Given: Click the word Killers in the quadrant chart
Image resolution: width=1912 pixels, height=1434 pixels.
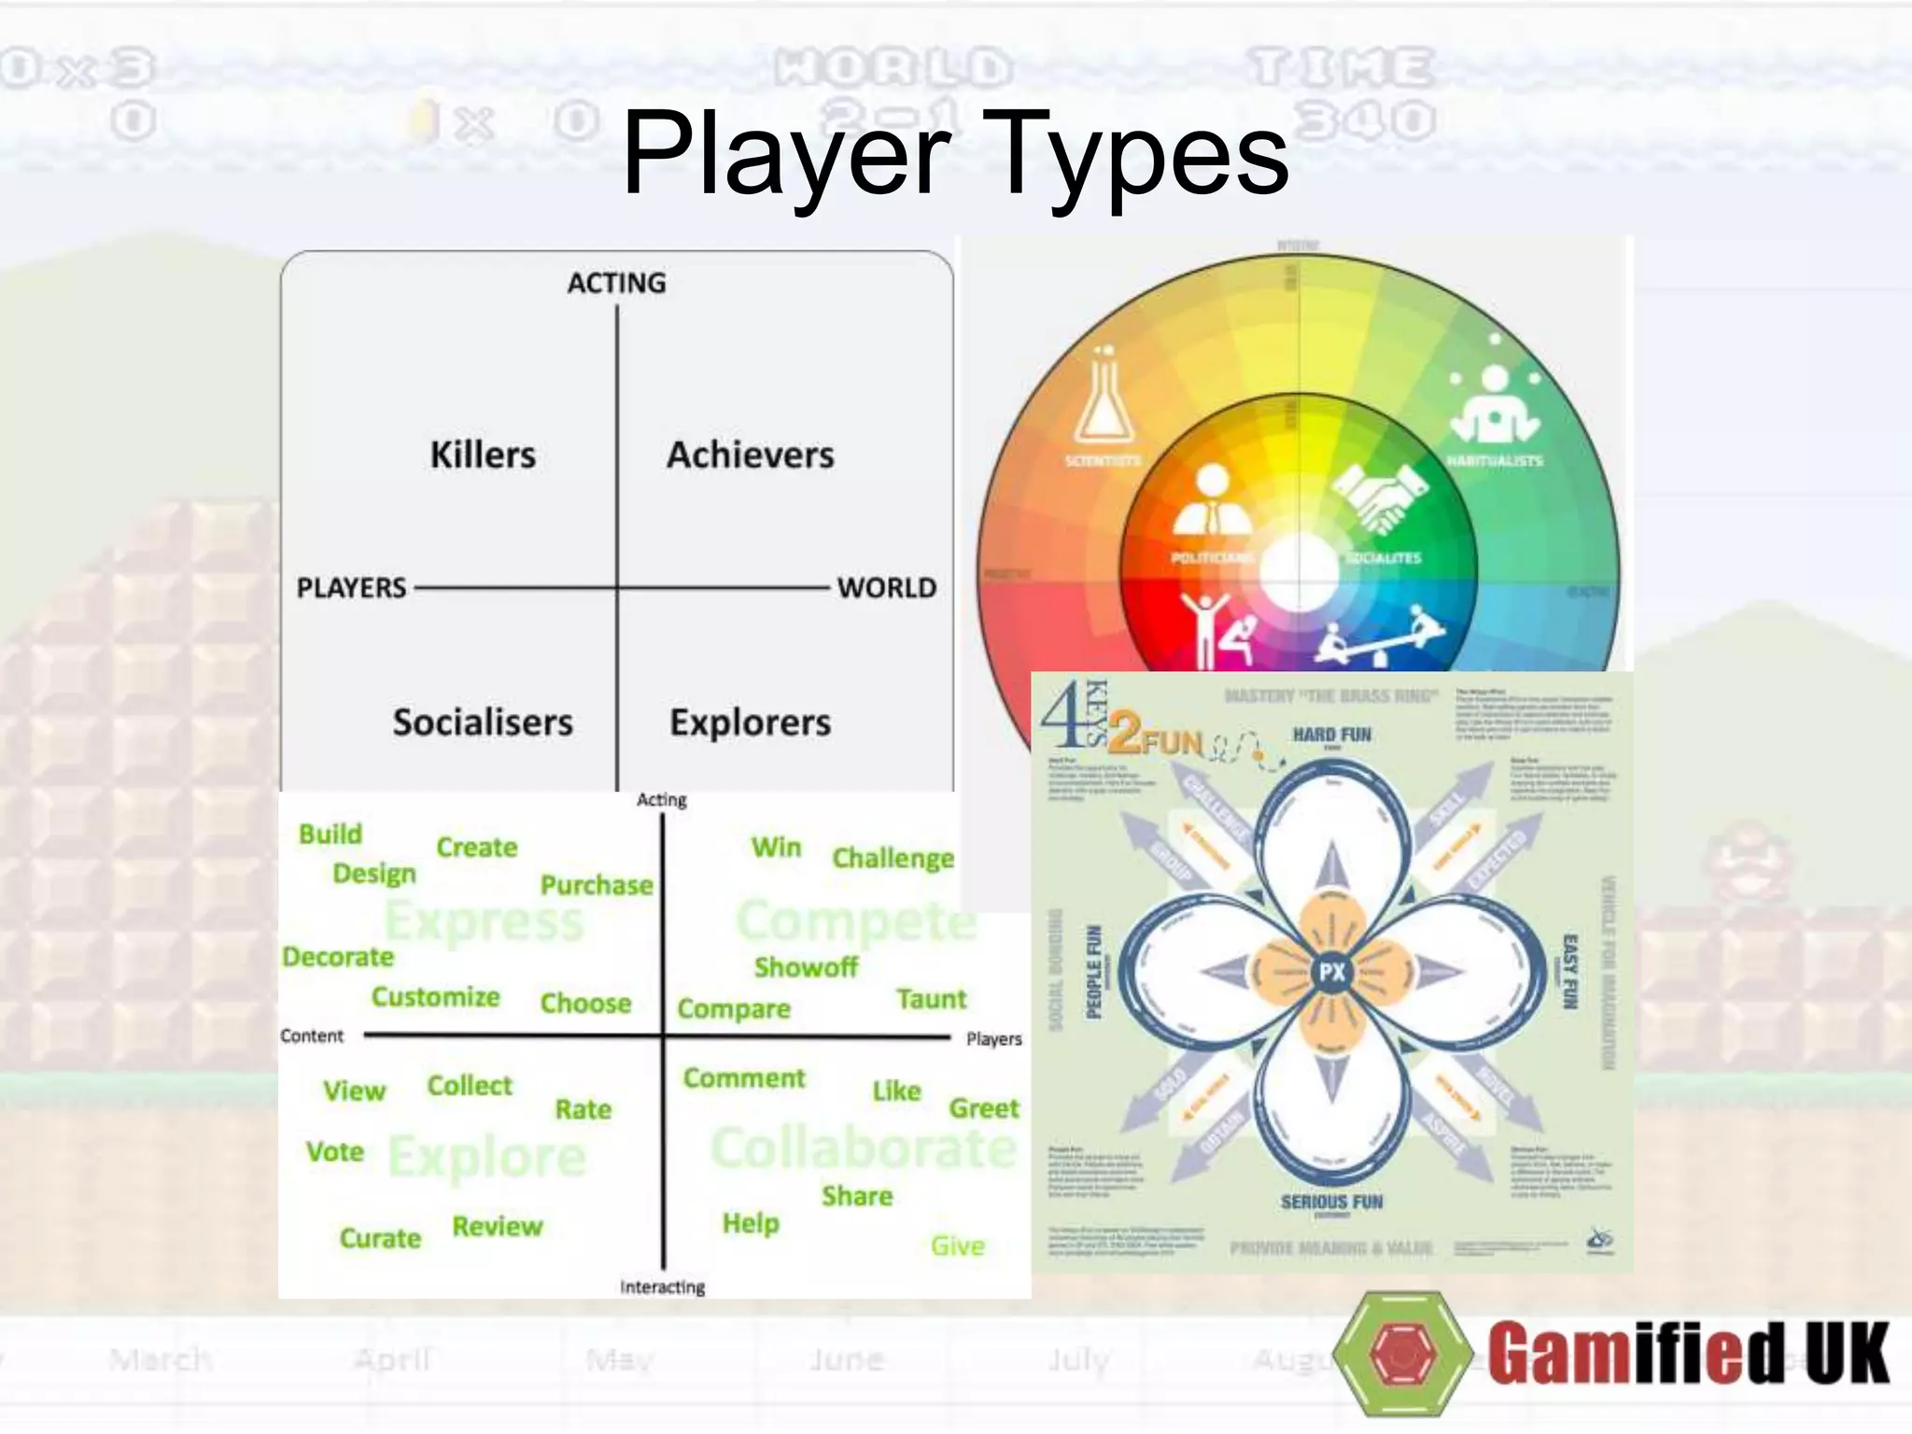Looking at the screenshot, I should pos(483,455).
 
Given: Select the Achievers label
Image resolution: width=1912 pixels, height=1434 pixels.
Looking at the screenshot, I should pos(750,455).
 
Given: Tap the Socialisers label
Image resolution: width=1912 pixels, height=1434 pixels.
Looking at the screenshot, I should pos(483,722).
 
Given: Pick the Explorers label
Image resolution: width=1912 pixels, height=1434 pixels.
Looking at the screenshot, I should pos(750,722).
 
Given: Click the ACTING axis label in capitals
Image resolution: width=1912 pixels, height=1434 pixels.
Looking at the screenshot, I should pos(616,283).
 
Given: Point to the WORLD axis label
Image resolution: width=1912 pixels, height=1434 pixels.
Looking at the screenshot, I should pos(886,587).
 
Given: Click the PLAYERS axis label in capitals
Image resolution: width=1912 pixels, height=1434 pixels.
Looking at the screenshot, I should pos(351,587).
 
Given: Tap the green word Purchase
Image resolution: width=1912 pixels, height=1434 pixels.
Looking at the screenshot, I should pos(597,885).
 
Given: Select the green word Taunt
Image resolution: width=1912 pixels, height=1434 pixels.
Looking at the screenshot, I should pos(931,999).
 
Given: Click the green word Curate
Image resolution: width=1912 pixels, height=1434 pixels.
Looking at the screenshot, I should pos(380,1238).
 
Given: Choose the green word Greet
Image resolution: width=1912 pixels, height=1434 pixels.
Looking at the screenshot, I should pos(984,1108).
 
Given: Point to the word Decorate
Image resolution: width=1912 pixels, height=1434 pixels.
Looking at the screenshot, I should pos(338,957).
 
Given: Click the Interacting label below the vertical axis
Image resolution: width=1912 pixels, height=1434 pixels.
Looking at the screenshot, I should pos(662,1286).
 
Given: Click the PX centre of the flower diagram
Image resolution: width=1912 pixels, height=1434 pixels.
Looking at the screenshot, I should pos(1331,972).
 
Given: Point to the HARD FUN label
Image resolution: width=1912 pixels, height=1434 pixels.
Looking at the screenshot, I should pos(1331,735).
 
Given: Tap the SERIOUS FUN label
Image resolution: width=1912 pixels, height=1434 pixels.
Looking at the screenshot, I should pos(1331,1202).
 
